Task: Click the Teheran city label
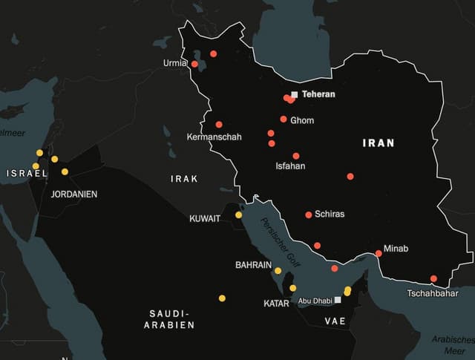(x=318, y=94)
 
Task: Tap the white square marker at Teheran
(x=295, y=94)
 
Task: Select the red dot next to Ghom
(x=284, y=119)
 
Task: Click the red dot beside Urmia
(x=194, y=64)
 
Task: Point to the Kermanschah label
(x=214, y=137)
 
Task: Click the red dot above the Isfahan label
(x=296, y=156)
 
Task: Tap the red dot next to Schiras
(x=309, y=215)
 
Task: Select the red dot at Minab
(x=379, y=253)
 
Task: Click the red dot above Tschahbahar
(x=433, y=279)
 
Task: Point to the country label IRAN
(x=379, y=143)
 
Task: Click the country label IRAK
(x=184, y=179)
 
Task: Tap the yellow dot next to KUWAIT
(x=239, y=215)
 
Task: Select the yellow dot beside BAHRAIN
(x=278, y=270)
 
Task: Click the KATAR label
(x=276, y=304)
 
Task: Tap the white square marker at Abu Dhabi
(x=338, y=301)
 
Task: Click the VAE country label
(x=335, y=321)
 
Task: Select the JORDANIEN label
(x=74, y=194)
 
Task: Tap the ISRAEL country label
(x=27, y=173)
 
